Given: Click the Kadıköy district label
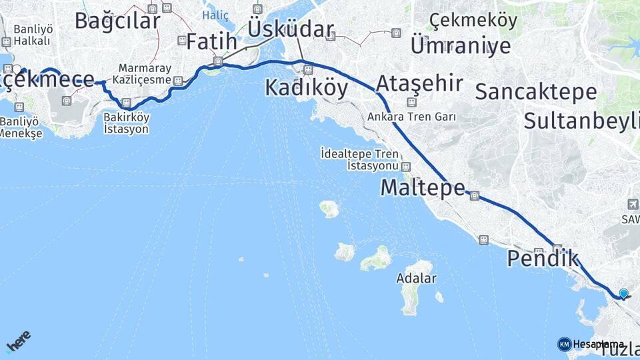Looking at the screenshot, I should coord(306,88).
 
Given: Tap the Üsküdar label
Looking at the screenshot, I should coord(290,29).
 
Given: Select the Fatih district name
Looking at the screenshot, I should coord(211,41).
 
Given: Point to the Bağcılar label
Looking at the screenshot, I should coord(117,20).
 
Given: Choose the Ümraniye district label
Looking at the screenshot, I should coord(461,45).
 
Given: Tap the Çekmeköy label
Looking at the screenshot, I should coord(473,21).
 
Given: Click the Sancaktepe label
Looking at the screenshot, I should coord(535,92).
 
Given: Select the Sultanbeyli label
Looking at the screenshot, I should coord(581,121).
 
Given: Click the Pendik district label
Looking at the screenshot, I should coord(543,258).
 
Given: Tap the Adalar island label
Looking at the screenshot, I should coord(416,278).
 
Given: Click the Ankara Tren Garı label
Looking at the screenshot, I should coord(411,117).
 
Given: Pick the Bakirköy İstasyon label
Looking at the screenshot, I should coord(126,123).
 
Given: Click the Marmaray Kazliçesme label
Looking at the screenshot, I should coord(145,74).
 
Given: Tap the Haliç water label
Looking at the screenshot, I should coord(215,15).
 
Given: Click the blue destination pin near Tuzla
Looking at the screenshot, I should coord(623,293).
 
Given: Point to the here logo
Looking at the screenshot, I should coord(18,341).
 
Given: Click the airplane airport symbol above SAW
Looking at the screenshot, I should coord(632,204).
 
